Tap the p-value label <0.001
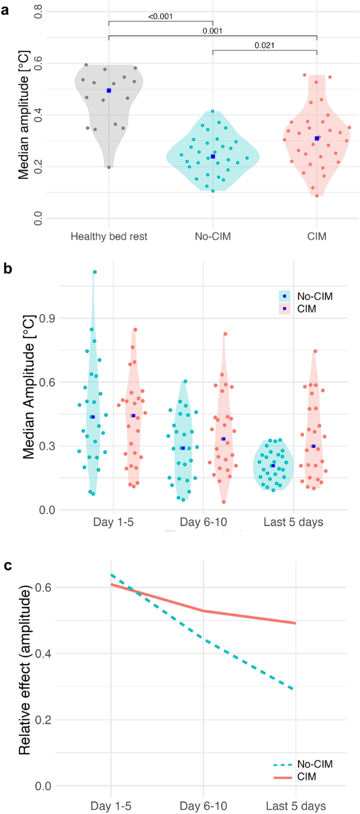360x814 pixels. (x=160, y=16)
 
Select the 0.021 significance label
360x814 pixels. (x=264, y=46)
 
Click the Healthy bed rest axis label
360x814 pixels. (x=109, y=237)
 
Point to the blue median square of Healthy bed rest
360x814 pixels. (x=109, y=90)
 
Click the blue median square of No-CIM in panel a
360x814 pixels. (x=213, y=157)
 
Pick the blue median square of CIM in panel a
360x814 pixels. (x=317, y=138)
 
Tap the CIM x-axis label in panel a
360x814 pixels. (x=317, y=237)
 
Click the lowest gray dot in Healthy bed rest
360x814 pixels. (x=109, y=167)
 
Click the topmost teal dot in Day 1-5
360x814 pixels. (x=95, y=272)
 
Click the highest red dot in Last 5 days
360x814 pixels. (x=315, y=351)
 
